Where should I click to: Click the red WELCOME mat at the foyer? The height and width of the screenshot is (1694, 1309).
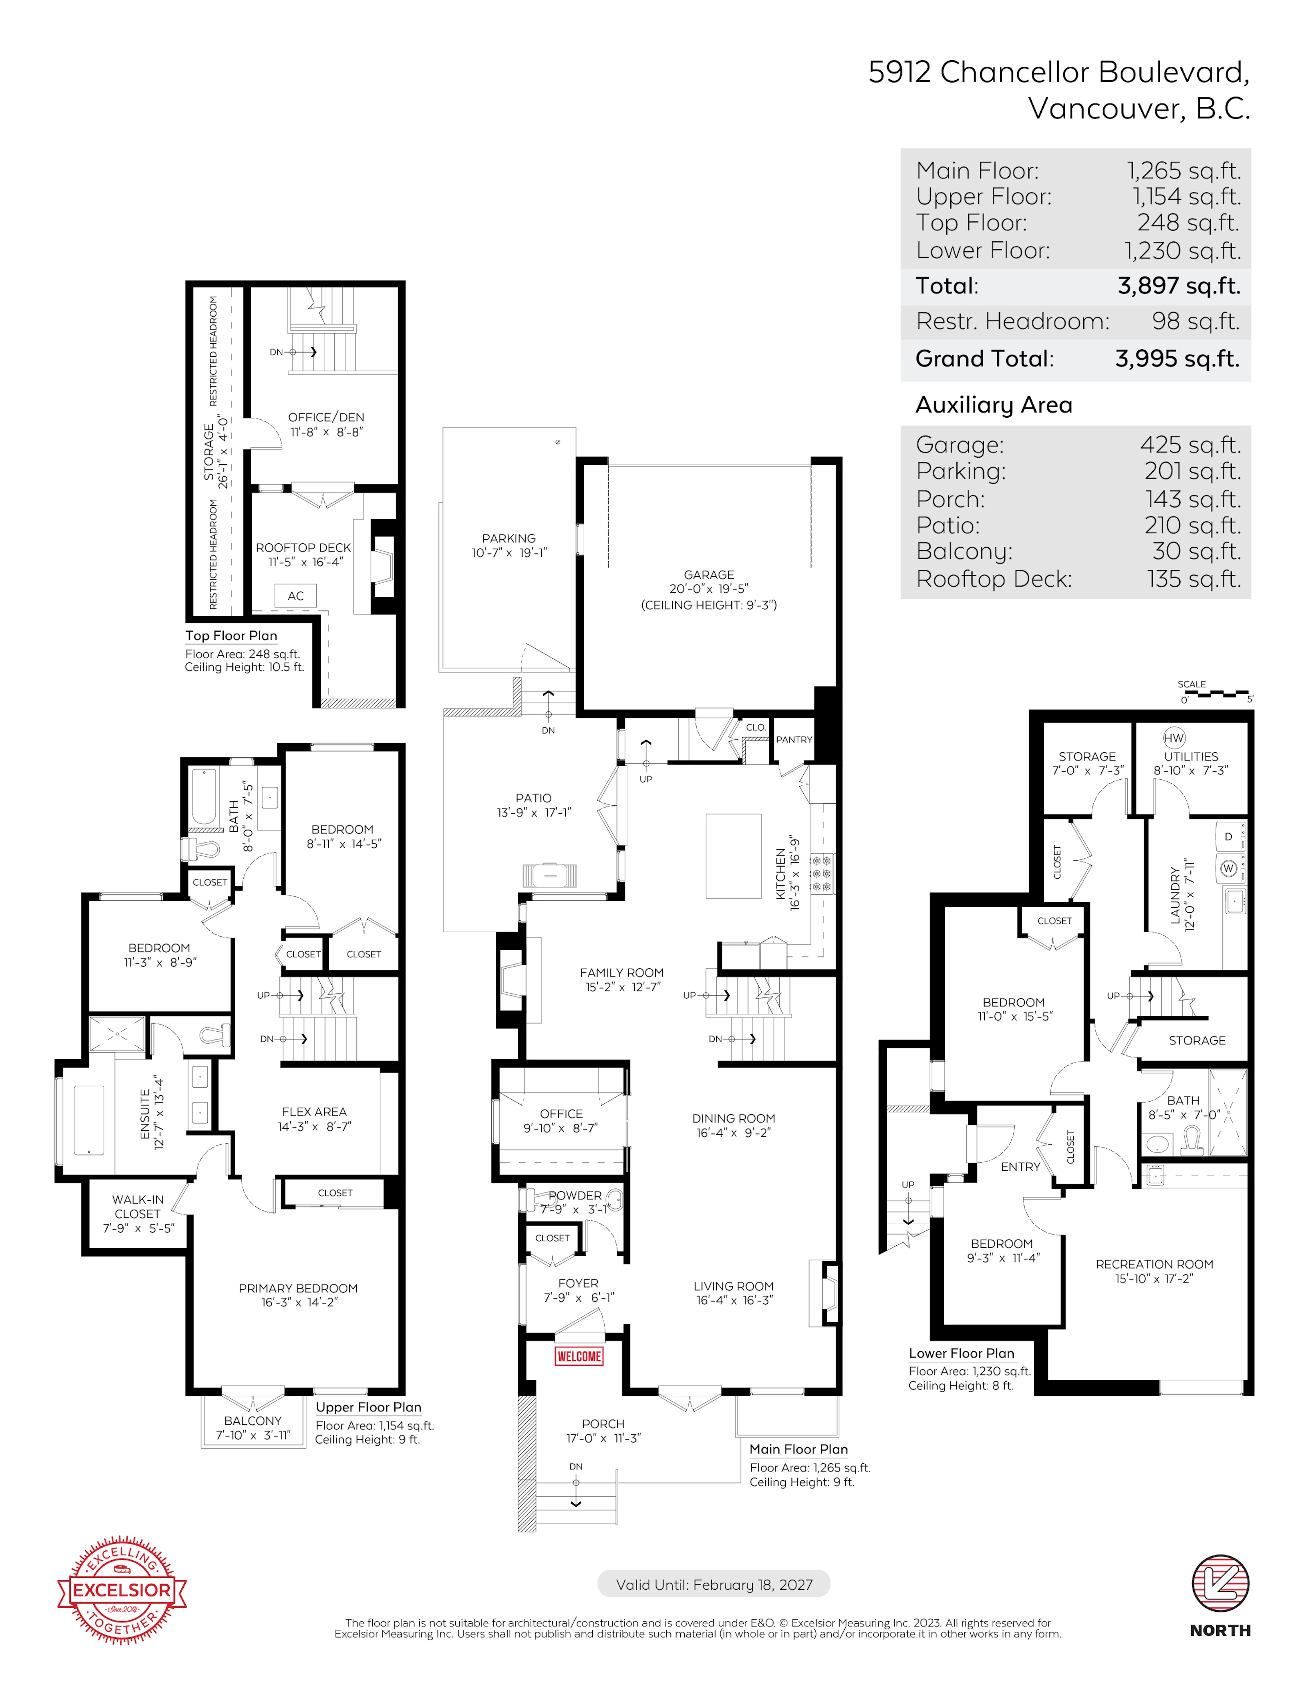tap(578, 1356)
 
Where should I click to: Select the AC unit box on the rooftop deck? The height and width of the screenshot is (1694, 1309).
tap(295, 596)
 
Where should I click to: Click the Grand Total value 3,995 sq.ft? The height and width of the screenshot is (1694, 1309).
tap(1177, 358)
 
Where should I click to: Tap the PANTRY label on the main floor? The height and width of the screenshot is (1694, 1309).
tap(794, 739)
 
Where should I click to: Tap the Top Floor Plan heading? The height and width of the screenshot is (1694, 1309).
tap(231, 635)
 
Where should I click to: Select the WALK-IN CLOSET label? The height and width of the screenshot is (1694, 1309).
tap(138, 1206)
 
